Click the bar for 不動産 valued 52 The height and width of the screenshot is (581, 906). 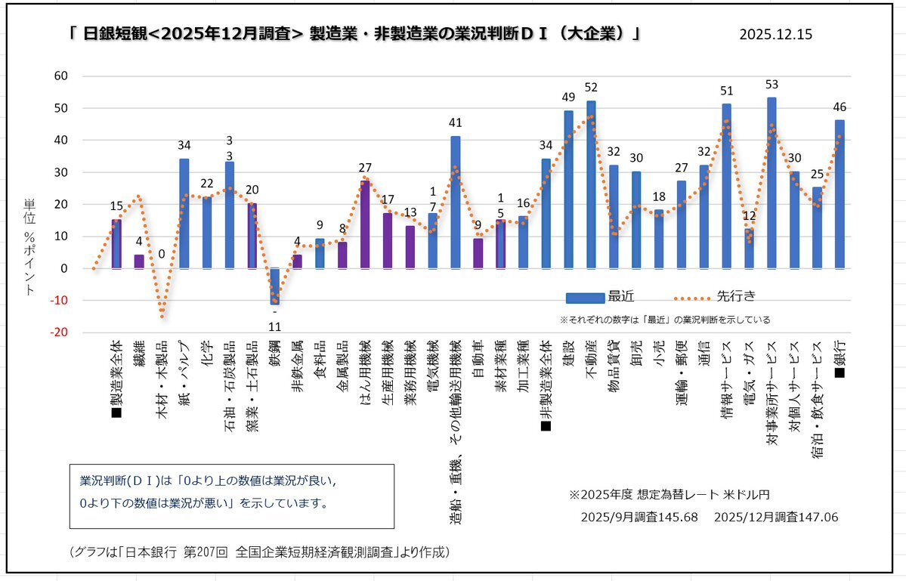[x=591, y=185]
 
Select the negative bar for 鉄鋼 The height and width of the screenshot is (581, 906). [x=274, y=286]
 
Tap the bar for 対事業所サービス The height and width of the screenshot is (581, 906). [x=771, y=184]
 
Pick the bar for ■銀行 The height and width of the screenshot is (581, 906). [x=840, y=194]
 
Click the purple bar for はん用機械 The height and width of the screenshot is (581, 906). [x=365, y=224]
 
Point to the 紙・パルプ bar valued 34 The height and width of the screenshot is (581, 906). [x=184, y=214]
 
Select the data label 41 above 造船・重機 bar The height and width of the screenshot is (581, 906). [x=456, y=122]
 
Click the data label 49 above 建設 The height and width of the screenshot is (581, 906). [x=568, y=97]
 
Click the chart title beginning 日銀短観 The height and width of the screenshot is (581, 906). [x=355, y=35]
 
